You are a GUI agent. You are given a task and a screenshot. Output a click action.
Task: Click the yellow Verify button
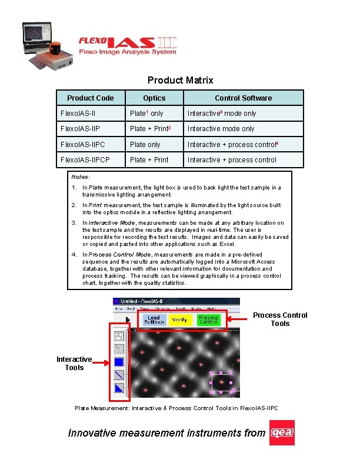tap(180, 319)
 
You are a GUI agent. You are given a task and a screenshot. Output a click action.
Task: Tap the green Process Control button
tap(209, 319)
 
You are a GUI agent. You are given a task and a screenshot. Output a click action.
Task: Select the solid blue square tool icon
tap(119, 362)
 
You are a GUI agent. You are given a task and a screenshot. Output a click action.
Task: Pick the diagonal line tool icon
tap(119, 375)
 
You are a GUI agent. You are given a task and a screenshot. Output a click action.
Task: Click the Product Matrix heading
tap(180, 80)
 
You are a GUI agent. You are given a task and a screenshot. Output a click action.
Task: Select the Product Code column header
tap(90, 98)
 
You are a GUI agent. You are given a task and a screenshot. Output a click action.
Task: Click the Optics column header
tap(154, 98)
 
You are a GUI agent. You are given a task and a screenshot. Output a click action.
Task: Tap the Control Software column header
tap(243, 98)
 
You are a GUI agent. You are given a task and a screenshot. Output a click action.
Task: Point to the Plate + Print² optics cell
tap(150, 129)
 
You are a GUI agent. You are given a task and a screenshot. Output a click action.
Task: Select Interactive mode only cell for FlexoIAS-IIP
tap(221, 129)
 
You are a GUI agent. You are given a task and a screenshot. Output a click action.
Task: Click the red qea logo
tap(282, 433)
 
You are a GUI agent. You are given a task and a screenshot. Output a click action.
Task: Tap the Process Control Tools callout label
tap(280, 319)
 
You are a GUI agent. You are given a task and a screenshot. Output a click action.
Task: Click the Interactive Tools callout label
tap(74, 363)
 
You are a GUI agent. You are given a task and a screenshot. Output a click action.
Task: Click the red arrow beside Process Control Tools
tap(238, 318)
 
